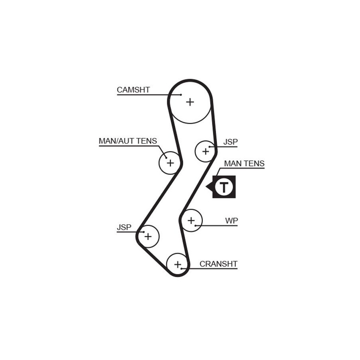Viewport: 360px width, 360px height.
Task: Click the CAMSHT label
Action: tap(133, 90)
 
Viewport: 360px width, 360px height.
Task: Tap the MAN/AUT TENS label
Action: tap(128, 141)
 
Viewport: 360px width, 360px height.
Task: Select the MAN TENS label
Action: tap(244, 164)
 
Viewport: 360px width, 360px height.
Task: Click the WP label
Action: tap(231, 220)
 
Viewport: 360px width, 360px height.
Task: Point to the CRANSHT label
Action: tap(218, 264)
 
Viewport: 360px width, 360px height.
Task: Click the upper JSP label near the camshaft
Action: tap(230, 142)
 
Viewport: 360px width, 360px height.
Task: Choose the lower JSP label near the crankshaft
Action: tap(124, 227)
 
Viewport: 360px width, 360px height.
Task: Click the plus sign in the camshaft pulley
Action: tap(190, 102)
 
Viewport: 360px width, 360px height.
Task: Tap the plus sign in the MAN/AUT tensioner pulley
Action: tap(170, 163)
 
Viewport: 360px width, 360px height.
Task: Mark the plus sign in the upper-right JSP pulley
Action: tap(206, 151)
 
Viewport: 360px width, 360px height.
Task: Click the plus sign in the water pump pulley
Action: tap(191, 220)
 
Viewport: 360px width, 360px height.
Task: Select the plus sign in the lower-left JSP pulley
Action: tap(148, 236)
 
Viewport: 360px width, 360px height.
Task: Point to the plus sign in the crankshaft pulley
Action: tap(178, 264)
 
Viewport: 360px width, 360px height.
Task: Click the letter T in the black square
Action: tap(224, 187)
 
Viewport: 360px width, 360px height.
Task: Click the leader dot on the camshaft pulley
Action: tap(181, 95)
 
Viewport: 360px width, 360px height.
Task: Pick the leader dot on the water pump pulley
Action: tap(196, 226)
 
